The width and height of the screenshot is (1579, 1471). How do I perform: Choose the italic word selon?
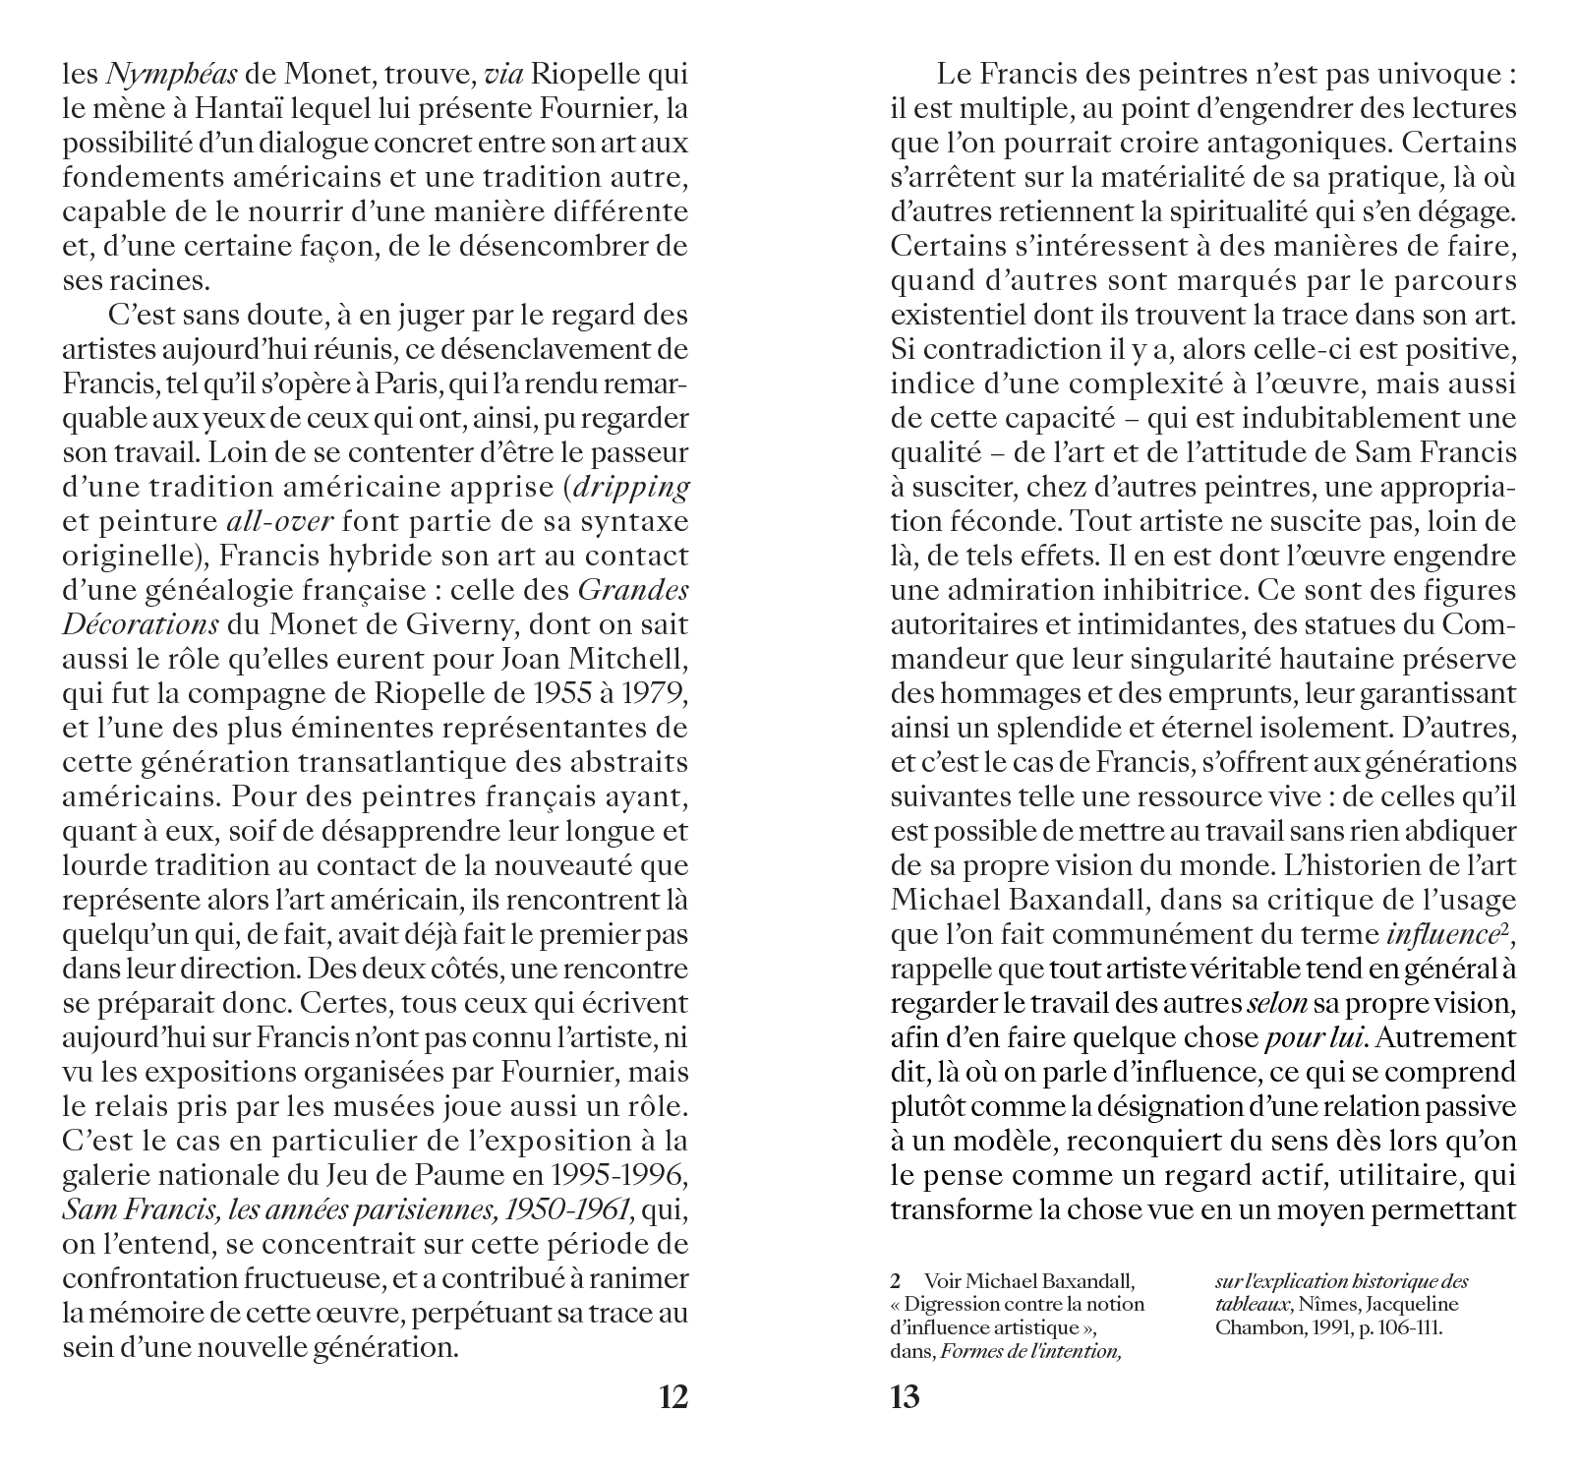click(x=1277, y=1004)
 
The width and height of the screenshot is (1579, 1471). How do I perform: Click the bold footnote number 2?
click(x=896, y=1282)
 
